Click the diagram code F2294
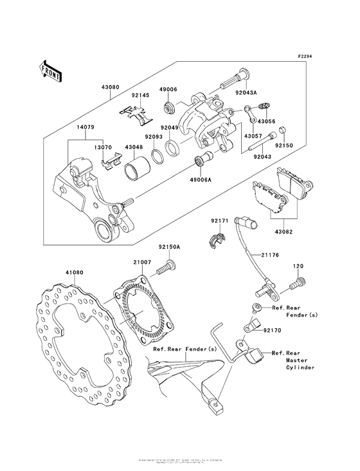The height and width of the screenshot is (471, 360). tap(306, 56)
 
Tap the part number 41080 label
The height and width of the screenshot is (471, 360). tap(57, 273)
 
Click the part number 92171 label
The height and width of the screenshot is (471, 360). tap(220, 221)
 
